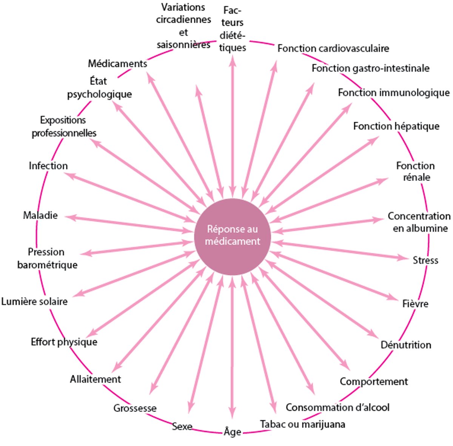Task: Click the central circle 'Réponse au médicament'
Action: (x=232, y=235)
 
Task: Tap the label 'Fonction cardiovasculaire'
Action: (x=333, y=48)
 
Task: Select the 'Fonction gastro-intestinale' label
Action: (x=370, y=68)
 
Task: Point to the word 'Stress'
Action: (x=425, y=260)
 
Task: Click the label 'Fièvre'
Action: (x=415, y=304)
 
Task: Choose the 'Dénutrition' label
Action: (x=406, y=345)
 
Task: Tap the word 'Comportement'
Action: (x=374, y=381)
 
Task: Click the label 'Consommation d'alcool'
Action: (x=337, y=407)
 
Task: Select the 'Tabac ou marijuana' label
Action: (x=302, y=424)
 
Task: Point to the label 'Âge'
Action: (x=232, y=432)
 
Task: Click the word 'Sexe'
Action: (x=182, y=426)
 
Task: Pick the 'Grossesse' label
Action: (x=135, y=408)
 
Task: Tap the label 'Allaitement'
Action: (x=96, y=379)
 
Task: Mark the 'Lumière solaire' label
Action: (x=34, y=301)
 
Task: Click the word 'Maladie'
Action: (x=40, y=215)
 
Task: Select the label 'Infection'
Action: (x=48, y=166)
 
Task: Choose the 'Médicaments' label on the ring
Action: (x=117, y=64)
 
